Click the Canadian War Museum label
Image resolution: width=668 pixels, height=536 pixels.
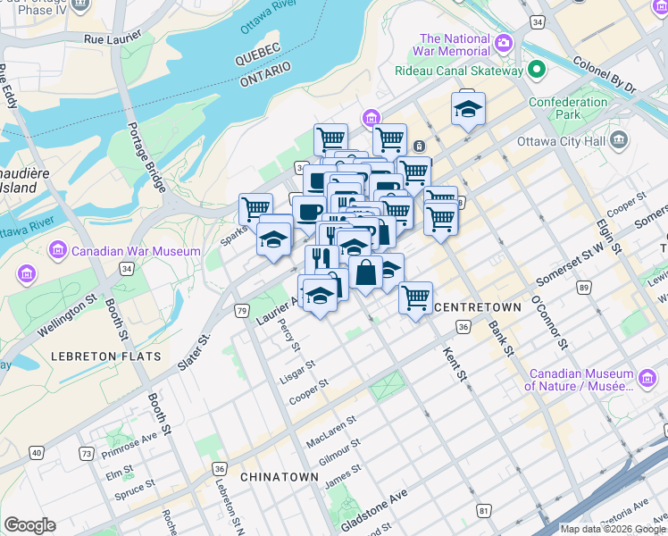point(138,251)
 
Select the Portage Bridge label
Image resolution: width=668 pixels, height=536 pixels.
point(146,156)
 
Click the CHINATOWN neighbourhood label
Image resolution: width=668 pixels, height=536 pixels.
point(279,477)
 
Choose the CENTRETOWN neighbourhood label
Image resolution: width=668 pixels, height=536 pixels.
point(477,306)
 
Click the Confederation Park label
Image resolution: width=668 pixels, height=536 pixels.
point(568,108)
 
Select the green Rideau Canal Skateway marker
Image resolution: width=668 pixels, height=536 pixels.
point(537,70)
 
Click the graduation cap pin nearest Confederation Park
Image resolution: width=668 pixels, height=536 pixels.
point(468,109)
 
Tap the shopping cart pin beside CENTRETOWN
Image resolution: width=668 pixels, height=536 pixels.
point(415,298)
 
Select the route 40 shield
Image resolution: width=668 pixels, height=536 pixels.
point(36,453)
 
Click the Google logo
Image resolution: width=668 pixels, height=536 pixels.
point(29,525)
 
